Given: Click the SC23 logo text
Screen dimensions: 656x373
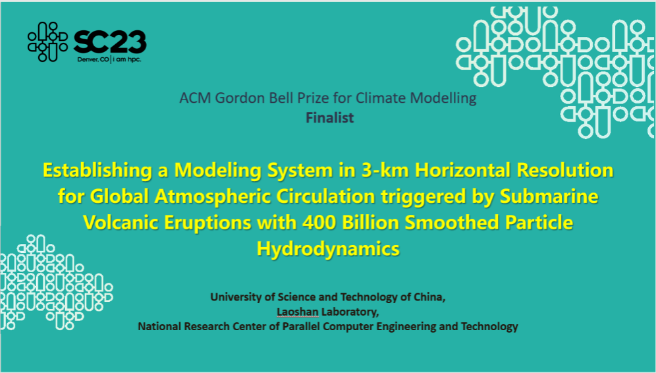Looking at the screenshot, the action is (110, 43).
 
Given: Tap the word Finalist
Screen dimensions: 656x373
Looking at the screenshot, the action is (330, 118).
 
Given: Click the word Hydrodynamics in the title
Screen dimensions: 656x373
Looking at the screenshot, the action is (328, 249).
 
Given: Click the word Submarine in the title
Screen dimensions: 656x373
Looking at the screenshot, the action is (549, 196).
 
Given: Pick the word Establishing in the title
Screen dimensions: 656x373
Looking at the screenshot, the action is (97, 171).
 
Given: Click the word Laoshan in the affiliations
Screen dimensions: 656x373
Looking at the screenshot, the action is (298, 312).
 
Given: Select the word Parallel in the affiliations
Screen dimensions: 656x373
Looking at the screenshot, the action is (301, 326).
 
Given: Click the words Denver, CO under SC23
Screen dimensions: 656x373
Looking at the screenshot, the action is (94, 59).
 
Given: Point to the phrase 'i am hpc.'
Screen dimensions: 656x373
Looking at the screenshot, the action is (127, 59).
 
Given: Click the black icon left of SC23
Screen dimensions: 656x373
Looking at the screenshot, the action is (47, 42).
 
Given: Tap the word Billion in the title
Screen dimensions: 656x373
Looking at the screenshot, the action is (370, 222).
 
